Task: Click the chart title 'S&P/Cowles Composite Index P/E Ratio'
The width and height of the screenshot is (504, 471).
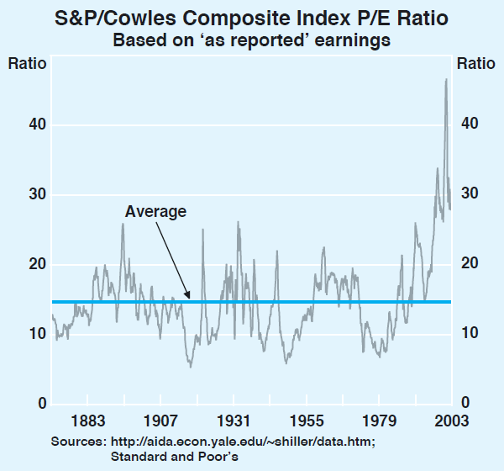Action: coord(252,17)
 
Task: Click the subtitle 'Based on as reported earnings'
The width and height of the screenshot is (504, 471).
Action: coord(252,40)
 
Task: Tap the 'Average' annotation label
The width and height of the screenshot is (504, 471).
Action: coord(155,212)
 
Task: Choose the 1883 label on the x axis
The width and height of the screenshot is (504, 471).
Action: coord(88,421)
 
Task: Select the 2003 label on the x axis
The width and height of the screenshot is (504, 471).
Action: coord(446,421)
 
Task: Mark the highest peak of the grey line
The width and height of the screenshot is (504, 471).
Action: coord(446,80)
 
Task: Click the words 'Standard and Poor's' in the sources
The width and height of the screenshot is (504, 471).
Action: coord(175,457)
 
